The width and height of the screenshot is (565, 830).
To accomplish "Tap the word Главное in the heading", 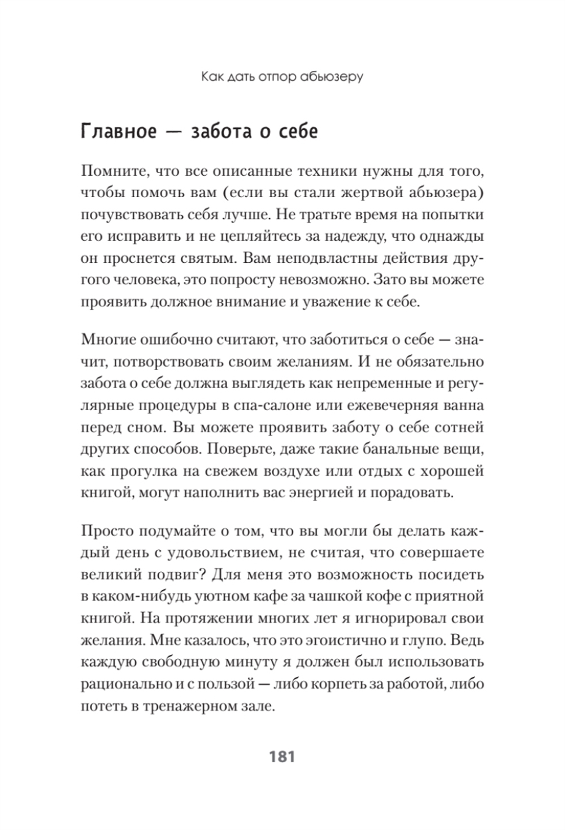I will [x=119, y=132].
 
